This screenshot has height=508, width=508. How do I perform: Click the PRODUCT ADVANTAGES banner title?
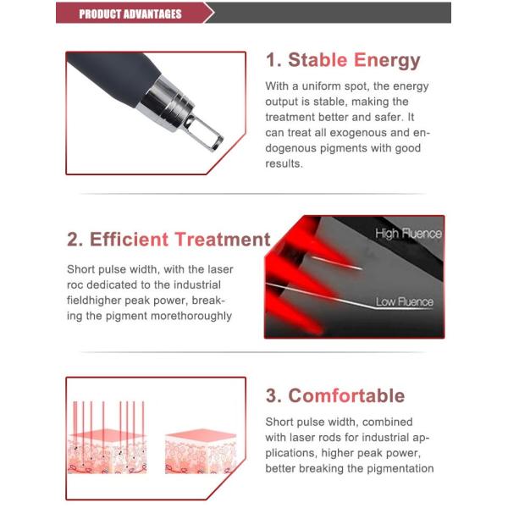(x=130, y=14)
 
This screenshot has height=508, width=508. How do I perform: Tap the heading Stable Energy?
(x=354, y=61)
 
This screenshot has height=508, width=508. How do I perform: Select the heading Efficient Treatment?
(x=179, y=240)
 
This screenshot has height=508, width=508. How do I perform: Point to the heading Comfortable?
(x=346, y=395)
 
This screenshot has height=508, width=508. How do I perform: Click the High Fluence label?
(x=408, y=233)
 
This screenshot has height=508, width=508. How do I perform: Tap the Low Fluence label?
(x=405, y=301)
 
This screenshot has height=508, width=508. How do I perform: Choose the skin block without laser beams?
(x=201, y=451)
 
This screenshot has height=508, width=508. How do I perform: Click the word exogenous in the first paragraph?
(x=358, y=133)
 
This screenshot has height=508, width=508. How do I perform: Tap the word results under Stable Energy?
(x=284, y=163)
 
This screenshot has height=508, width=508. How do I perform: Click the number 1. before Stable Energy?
(x=274, y=60)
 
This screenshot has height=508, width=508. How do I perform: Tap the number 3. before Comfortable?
(x=274, y=395)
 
